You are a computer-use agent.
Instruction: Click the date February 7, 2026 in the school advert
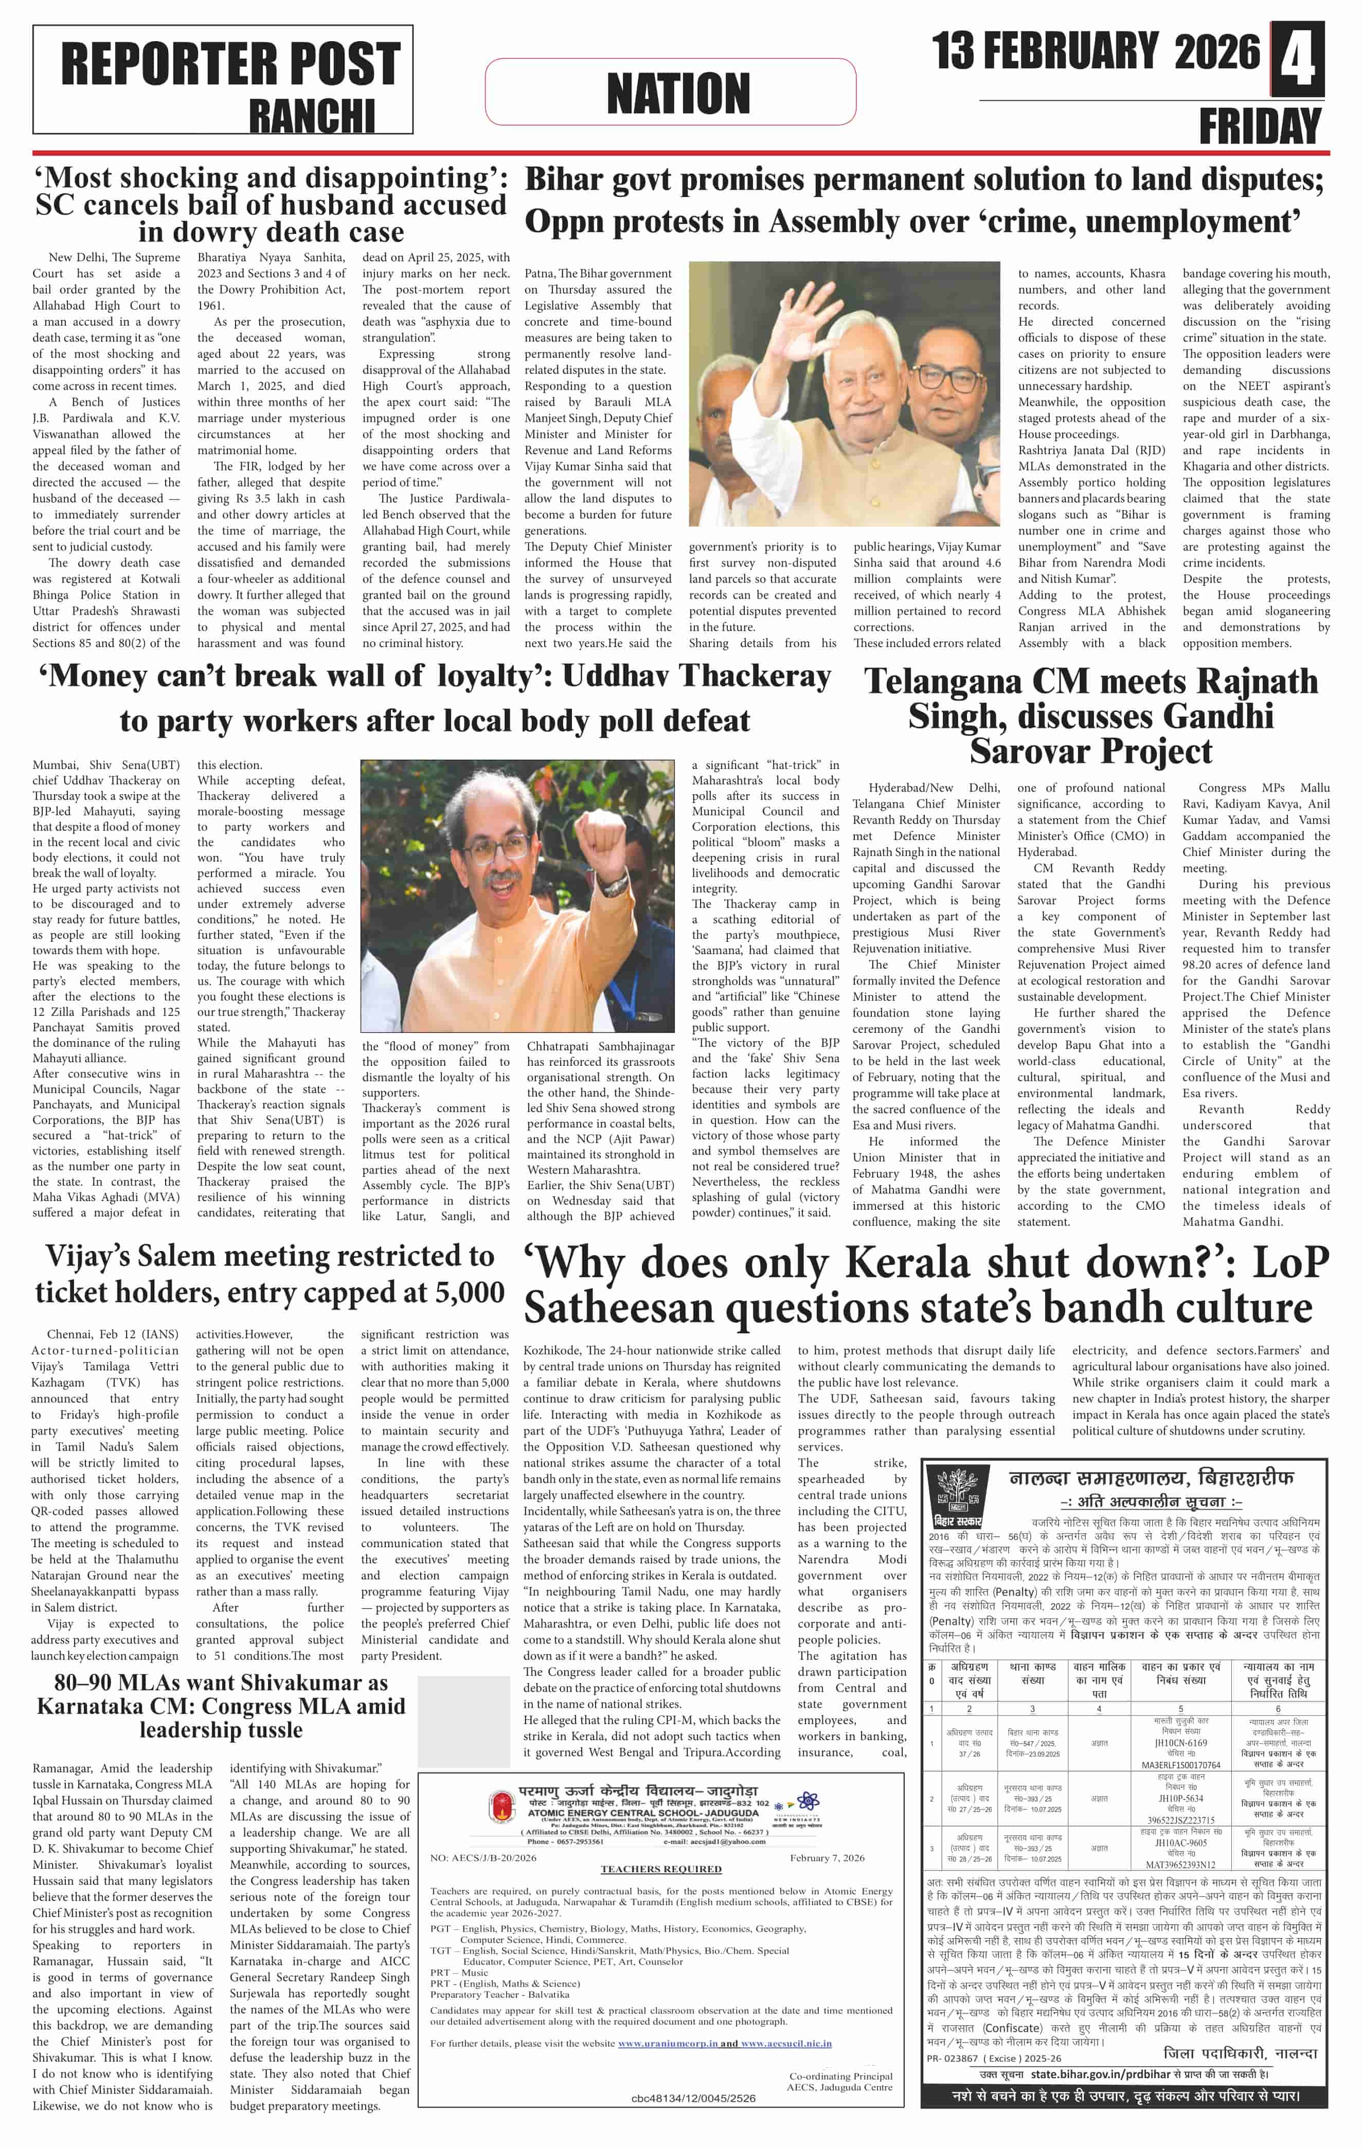(827, 1858)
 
